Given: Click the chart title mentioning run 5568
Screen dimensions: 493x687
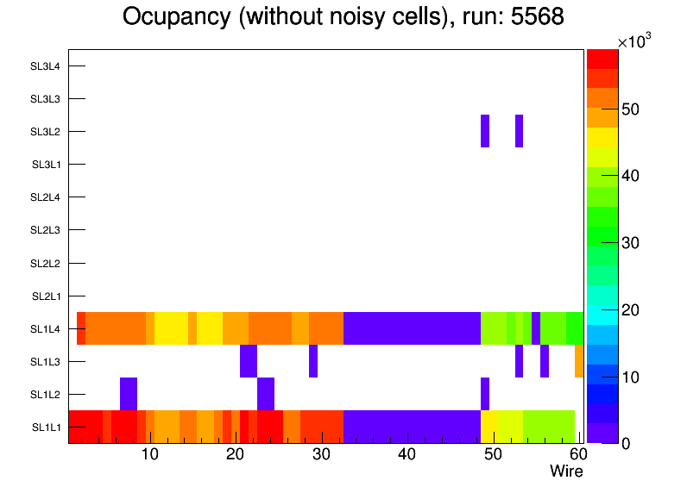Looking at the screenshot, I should pyautogui.click(x=343, y=17).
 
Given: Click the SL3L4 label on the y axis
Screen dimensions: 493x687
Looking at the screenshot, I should pyautogui.click(x=46, y=66).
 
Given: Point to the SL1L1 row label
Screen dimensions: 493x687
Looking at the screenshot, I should pyautogui.click(x=46, y=427).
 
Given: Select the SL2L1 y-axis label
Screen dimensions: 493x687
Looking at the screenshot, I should pyautogui.click(x=46, y=296).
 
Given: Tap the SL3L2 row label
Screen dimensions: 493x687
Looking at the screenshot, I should pyautogui.click(x=46, y=132).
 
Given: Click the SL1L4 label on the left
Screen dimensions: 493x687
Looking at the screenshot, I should pyautogui.click(x=46, y=329).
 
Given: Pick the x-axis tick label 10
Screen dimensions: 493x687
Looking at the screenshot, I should pyautogui.click(x=149, y=454).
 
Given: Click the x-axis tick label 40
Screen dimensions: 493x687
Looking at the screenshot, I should pyautogui.click(x=407, y=454).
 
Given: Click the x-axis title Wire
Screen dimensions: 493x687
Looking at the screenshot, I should pyautogui.click(x=566, y=471).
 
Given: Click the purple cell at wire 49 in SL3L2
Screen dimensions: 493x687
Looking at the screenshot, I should pyautogui.click(x=485, y=131).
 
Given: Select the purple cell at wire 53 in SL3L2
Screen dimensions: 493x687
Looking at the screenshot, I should pyautogui.click(x=519, y=131).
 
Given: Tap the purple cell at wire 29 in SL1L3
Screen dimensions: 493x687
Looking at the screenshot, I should pyautogui.click(x=313, y=361).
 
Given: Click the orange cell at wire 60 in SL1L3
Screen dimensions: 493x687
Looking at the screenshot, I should pyautogui.click(x=579, y=361).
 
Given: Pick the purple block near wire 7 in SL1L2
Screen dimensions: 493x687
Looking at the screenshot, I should pyautogui.click(x=129, y=394).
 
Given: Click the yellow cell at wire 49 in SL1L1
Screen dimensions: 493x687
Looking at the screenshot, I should pyautogui.click(x=488, y=427).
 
